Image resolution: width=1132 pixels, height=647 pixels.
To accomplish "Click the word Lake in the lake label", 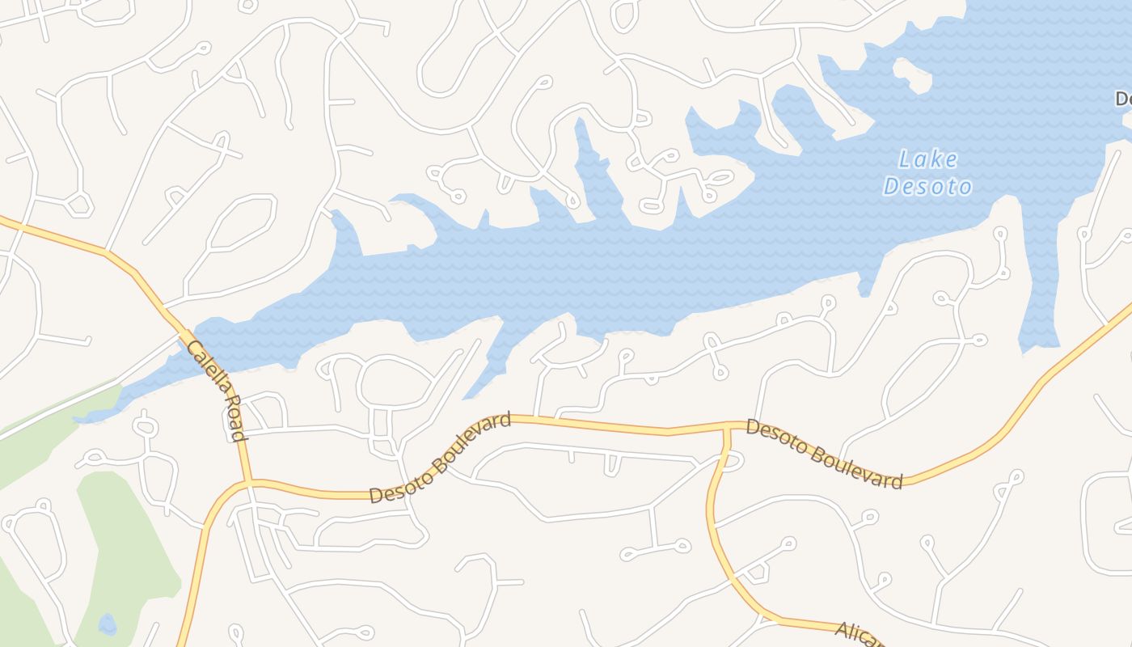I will [x=928, y=159].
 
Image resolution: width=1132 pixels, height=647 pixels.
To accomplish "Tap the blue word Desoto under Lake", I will [x=927, y=187].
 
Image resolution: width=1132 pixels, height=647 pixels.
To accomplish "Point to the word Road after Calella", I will [x=233, y=417].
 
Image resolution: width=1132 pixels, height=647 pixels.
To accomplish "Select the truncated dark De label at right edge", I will [x=1123, y=99].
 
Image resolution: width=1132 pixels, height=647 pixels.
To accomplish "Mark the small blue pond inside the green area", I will [x=107, y=624].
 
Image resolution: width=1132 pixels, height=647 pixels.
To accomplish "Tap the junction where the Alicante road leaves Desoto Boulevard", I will [x=727, y=426].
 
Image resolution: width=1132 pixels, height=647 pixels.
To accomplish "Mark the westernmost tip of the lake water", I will [x=75, y=420].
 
